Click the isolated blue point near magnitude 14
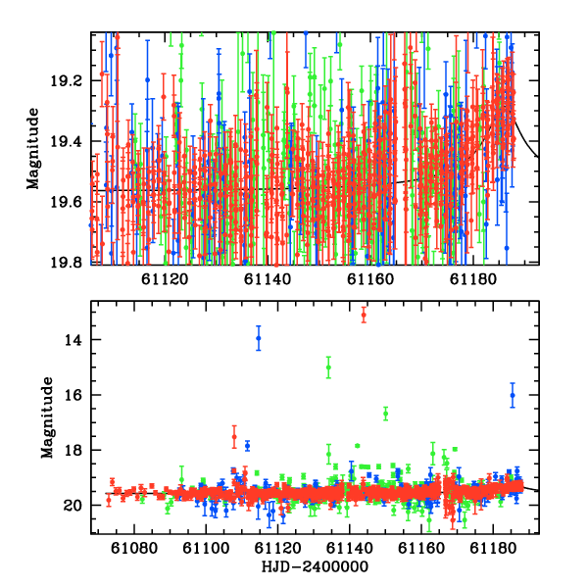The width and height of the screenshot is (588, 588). tap(259, 338)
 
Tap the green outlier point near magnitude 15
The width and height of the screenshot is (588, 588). tap(328, 367)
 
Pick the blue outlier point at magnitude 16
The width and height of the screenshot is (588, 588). tap(513, 395)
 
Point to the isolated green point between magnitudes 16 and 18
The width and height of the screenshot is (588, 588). tap(385, 414)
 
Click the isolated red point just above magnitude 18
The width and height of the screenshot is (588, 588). tap(234, 437)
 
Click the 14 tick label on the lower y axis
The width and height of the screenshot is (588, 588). tap(73, 340)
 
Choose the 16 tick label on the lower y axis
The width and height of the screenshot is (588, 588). tap(73, 395)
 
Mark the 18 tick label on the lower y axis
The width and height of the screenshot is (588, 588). tap(73, 450)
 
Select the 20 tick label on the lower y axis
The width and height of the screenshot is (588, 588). tap(73, 506)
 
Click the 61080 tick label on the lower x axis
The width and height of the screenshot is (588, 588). tap(134, 549)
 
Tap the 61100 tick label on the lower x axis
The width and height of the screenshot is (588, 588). tap(206, 549)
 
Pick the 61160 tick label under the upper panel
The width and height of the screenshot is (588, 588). tap(370, 279)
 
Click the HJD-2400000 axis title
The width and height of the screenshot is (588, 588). tap(315, 566)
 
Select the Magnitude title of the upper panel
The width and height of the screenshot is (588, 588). tap(33, 149)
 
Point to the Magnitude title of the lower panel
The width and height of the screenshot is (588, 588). tap(47, 417)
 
